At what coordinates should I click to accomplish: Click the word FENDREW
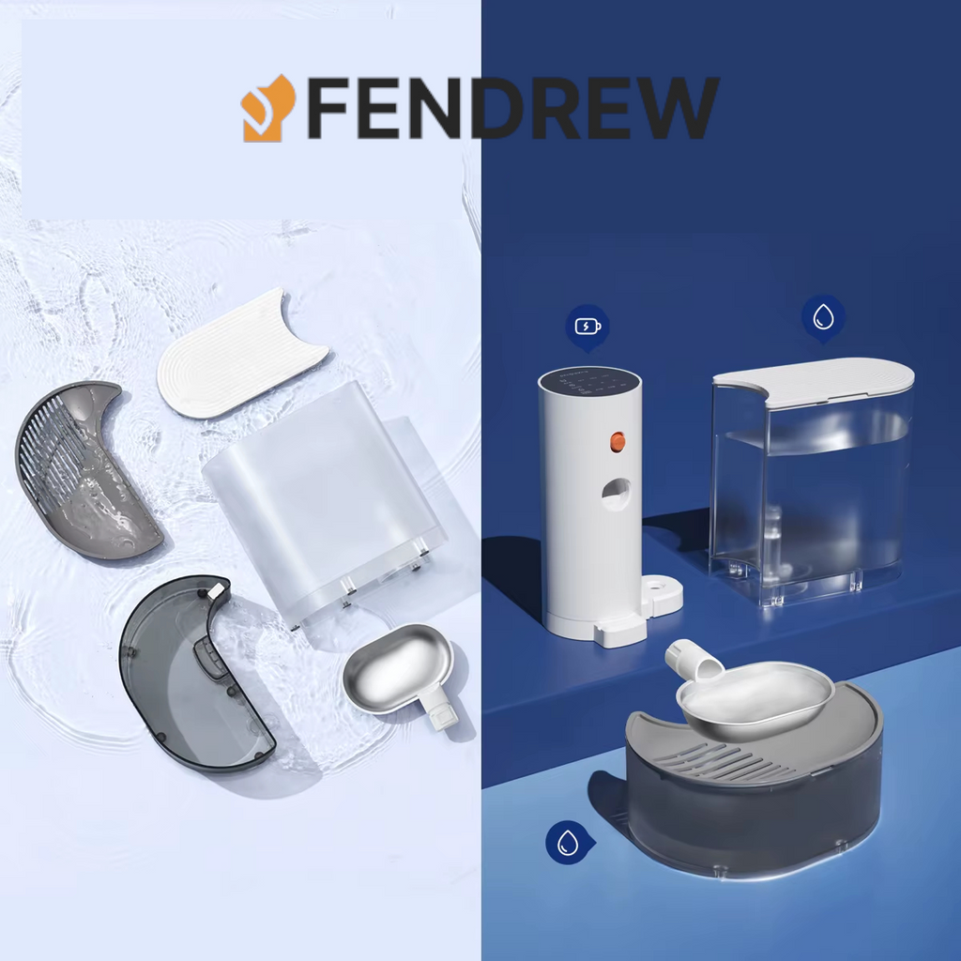click(511, 108)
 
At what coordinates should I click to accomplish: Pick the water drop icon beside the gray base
click(567, 842)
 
